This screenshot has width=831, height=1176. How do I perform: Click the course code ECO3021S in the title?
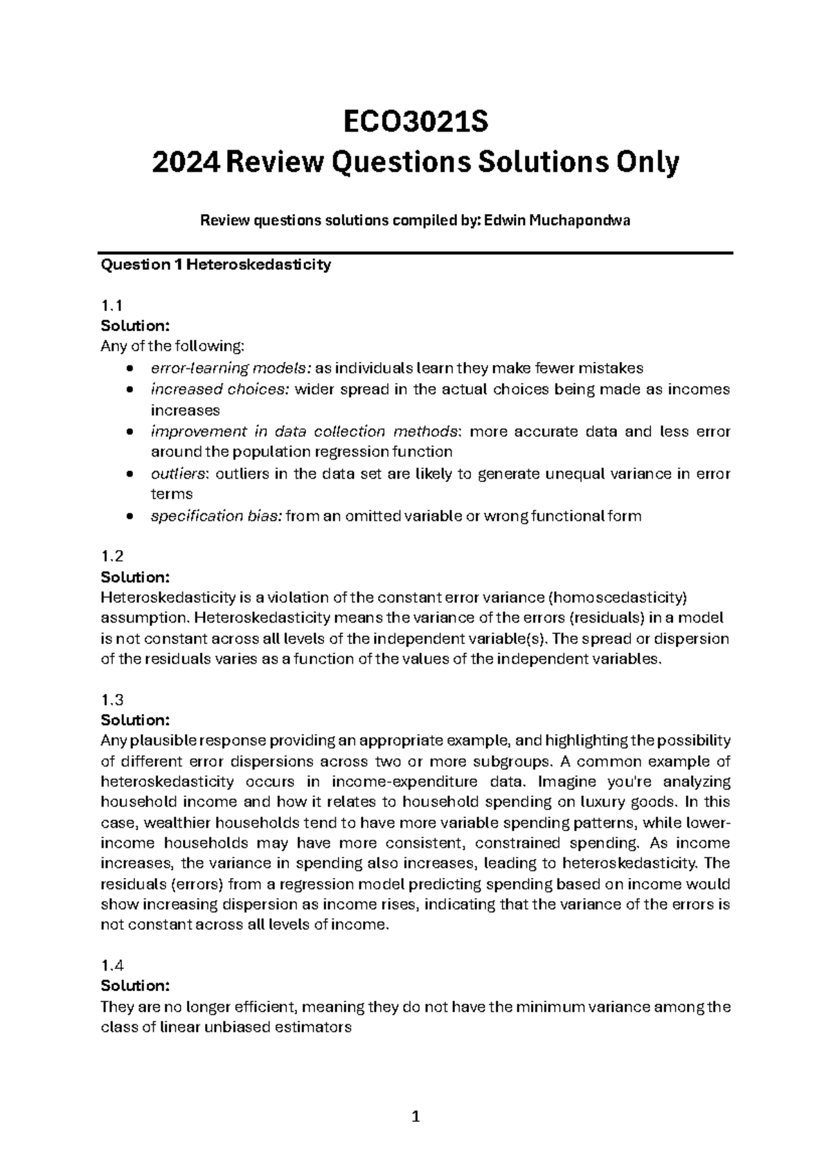[415, 123]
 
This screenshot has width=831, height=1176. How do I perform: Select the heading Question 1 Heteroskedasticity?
[215, 265]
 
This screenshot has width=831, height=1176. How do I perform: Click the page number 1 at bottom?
[415, 1116]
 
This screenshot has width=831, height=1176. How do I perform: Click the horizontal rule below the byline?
[415, 253]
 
